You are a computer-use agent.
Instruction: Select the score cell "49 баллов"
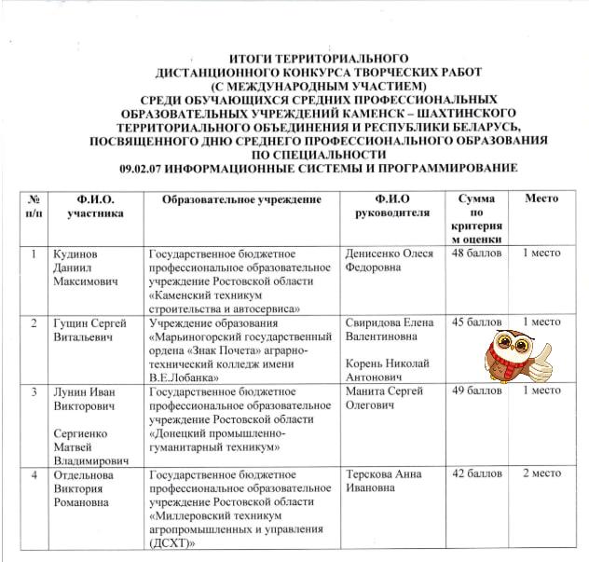475,391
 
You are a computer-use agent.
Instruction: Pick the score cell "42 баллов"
475,474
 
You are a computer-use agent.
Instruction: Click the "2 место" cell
541,474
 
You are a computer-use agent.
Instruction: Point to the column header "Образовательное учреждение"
241,200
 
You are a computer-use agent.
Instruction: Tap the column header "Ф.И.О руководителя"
392,206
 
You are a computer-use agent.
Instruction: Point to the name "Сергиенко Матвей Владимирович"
90,447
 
